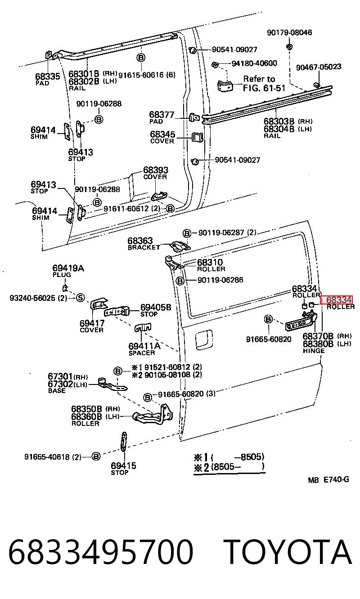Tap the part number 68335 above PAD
click(48, 76)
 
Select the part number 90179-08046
click(289, 33)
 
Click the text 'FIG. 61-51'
click(264, 88)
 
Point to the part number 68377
click(162, 115)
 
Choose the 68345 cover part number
click(162, 134)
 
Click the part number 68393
click(156, 170)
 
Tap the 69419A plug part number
click(68, 268)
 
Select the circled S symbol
click(80, 298)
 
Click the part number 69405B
click(156, 307)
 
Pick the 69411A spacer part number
click(144, 346)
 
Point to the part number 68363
click(140, 241)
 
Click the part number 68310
click(210, 262)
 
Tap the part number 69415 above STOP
click(123, 465)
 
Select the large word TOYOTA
click(288, 552)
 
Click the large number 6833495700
click(101, 552)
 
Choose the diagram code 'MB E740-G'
click(328, 480)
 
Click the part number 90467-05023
click(319, 67)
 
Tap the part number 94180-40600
click(254, 63)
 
